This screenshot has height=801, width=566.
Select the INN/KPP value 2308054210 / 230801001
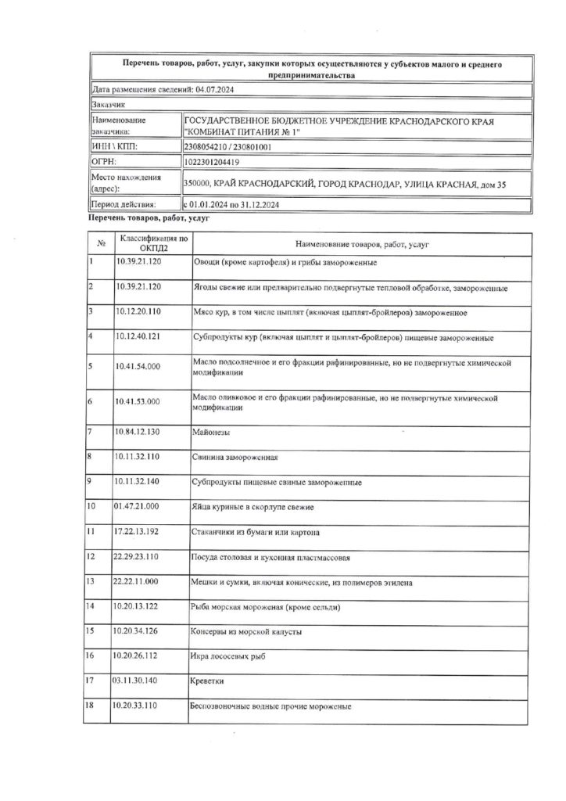click(x=227, y=146)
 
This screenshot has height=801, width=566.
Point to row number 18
click(x=92, y=706)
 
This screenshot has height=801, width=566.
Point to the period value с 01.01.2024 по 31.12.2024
click(x=232, y=204)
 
